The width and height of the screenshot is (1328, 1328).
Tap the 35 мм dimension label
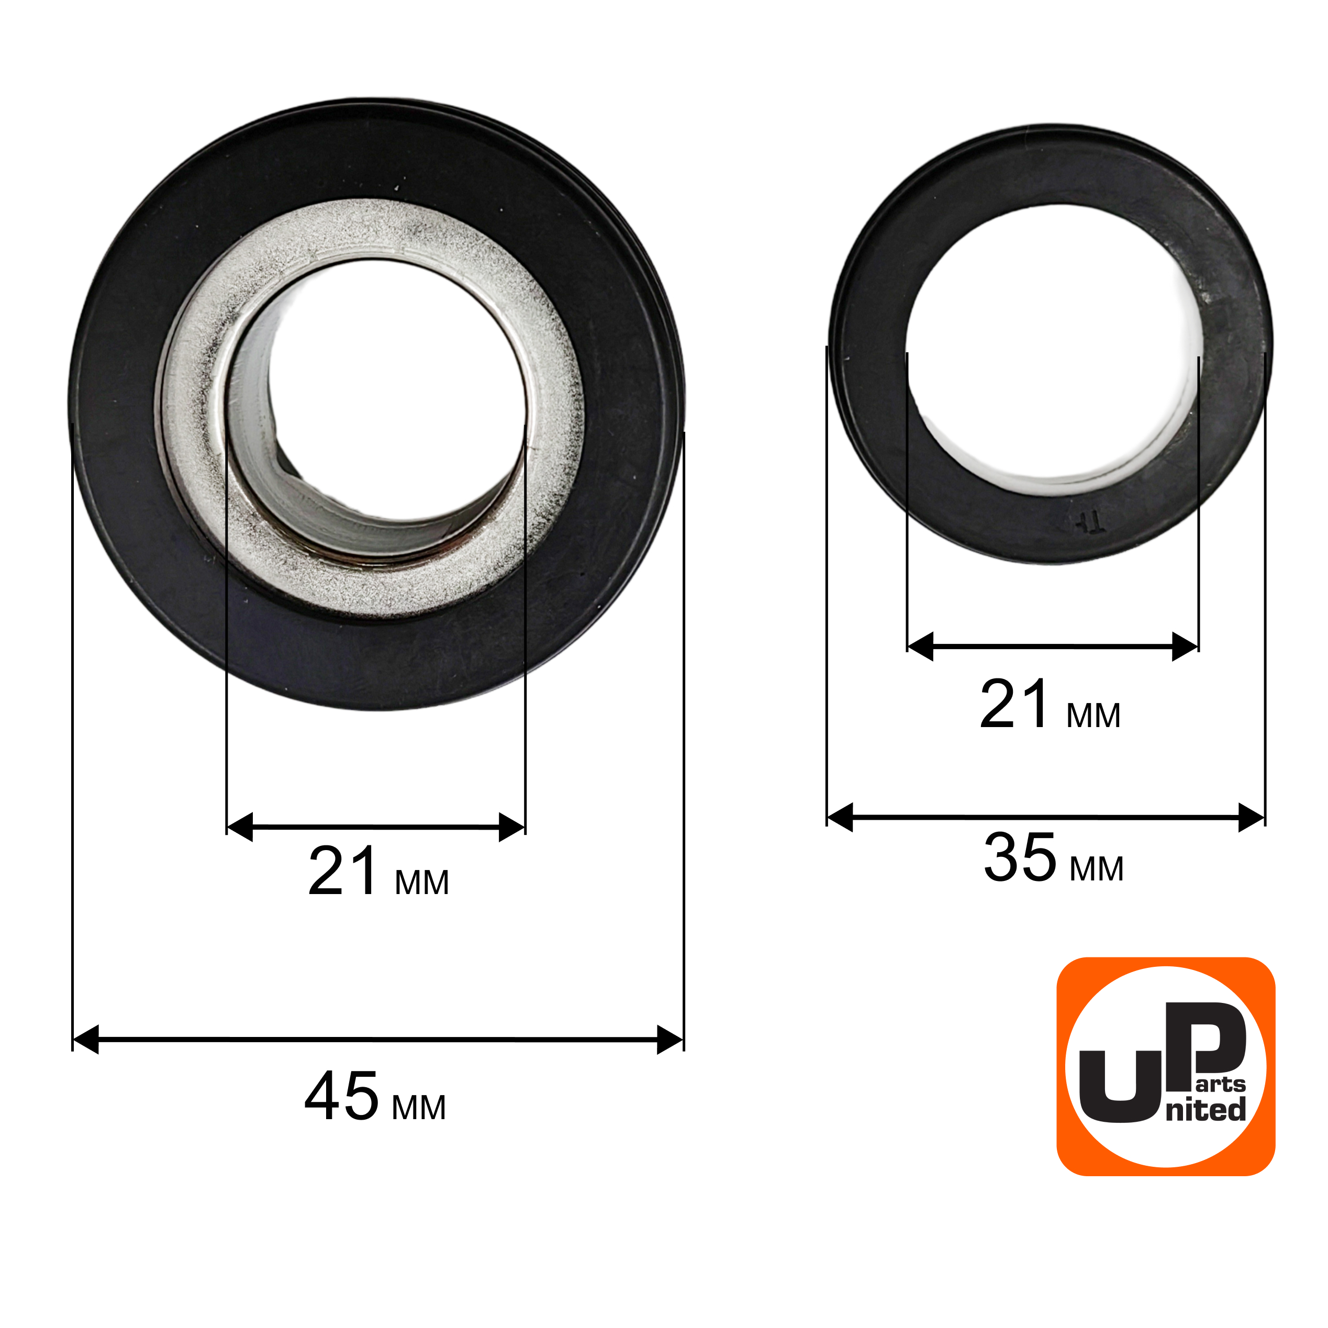(x=1054, y=858)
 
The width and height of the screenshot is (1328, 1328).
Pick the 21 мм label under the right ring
(x=1050, y=705)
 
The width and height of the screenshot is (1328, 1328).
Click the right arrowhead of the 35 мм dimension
(x=1252, y=817)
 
